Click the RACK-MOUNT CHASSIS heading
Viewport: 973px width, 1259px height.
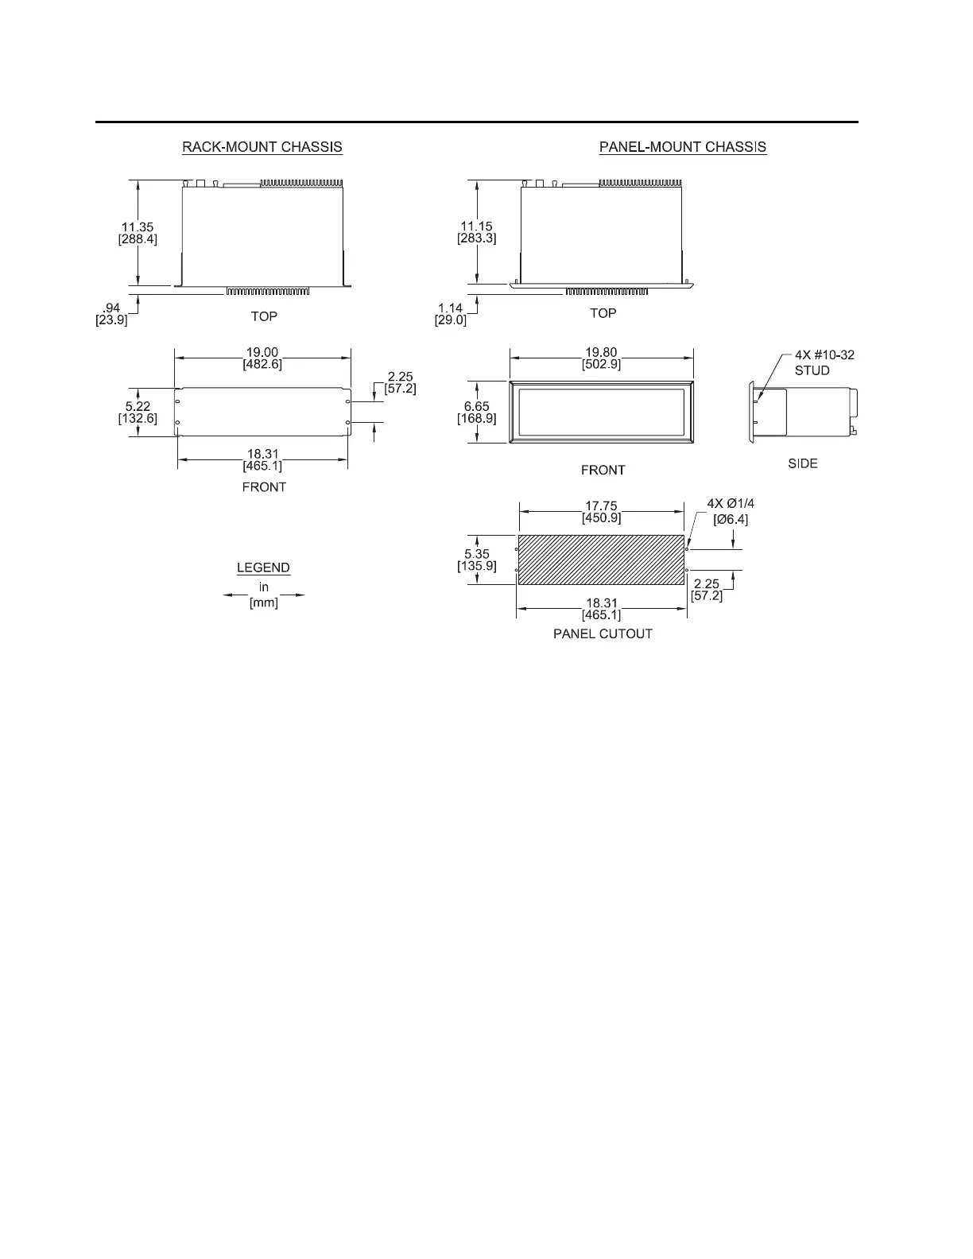click(x=262, y=147)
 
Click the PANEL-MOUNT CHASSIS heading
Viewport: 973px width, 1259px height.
click(x=682, y=147)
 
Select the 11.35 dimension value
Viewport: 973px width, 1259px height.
click(x=138, y=227)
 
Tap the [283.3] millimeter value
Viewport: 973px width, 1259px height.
click(x=477, y=238)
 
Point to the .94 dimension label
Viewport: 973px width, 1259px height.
click(x=111, y=308)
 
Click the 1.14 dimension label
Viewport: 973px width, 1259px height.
click(x=451, y=308)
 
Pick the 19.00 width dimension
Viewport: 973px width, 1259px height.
click(x=262, y=353)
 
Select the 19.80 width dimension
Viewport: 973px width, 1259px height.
click(x=601, y=353)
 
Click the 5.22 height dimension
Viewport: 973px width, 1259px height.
click(x=138, y=406)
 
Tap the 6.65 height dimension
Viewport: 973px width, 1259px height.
click(x=477, y=406)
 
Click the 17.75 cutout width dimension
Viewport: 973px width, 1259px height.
click(x=601, y=506)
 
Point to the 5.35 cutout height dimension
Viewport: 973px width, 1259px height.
click(x=477, y=554)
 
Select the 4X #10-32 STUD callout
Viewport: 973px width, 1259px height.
click(x=824, y=362)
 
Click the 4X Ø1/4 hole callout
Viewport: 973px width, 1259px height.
click(x=731, y=504)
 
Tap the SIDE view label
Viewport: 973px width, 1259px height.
click(x=802, y=463)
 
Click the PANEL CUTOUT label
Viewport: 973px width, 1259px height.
click(x=603, y=634)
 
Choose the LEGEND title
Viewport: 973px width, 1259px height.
click(x=263, y=568)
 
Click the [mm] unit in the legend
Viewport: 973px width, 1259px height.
click(x=263, y=602)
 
